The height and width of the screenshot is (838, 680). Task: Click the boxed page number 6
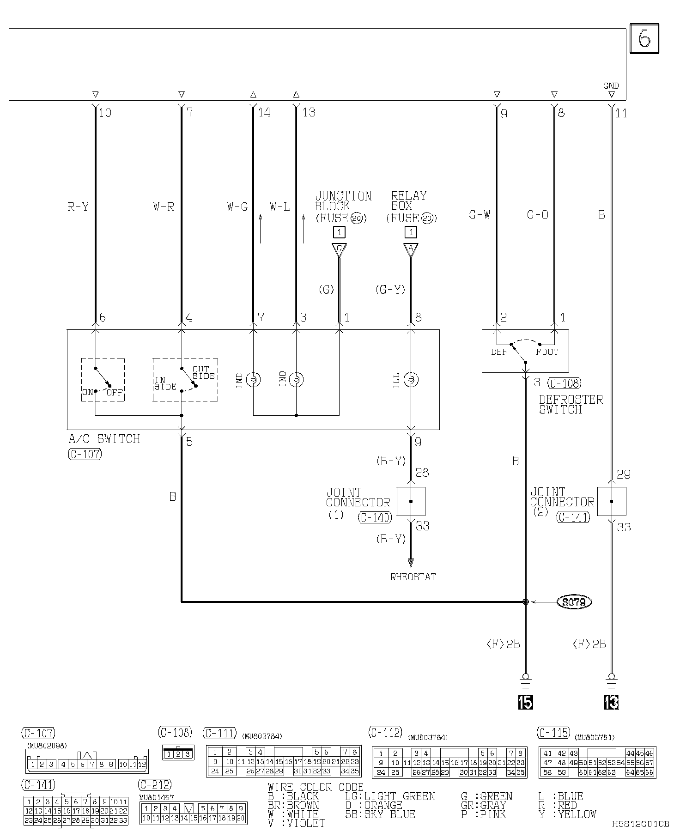pyautogui.click(x=644, y=39)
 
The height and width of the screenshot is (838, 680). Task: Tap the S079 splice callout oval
pyautogui.click(x=575, y=602)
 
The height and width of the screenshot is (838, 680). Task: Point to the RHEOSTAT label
pyautogui.click(x=413, y=577)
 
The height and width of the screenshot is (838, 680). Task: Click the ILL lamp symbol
pyautogui.click(x=411, y=380)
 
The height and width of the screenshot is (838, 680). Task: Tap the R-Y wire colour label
pyautogui.click(x=78, y=207)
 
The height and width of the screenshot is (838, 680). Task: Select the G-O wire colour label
pyautogui.click(x=538, y=215)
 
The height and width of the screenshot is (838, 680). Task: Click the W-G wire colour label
pyautogui.click(x=237, y=207)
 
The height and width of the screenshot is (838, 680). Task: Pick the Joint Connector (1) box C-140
pyautogui.click(x=411, y=501)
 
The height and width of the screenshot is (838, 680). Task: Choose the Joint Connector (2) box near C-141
pyautogui.click(x=612, y=501)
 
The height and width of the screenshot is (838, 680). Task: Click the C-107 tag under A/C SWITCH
pyautogui.click(x=85, y=454)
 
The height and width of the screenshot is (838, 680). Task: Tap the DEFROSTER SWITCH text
pyautogui.click(x=571, y=405)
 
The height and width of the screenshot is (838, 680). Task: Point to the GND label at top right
pyautogui.click(x=611, y=86)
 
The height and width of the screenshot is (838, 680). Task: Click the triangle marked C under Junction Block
pyautogui.click(x=339, y=250)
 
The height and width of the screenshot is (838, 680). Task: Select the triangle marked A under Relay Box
pyautogui.click(x=411, y=250)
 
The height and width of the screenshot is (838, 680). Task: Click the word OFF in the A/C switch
pyautogui.click(x=115, y=393)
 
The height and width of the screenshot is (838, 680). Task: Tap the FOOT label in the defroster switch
pyautogui.click(x=547, y=352)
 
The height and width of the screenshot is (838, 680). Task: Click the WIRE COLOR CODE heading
pyautogui.click(x=316, y=788)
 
